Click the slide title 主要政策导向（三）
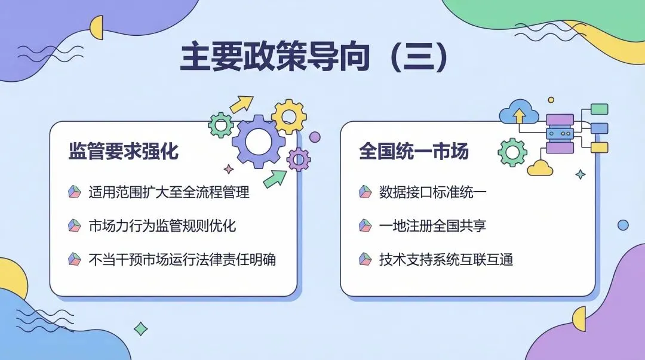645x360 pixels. pyautogui.click(x=314, y=57)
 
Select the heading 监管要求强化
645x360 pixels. pyautogui.click(x=123, y=151)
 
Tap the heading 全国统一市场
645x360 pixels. pyautogui.click(x=413, y=151)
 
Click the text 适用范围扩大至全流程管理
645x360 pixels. pyautogui.click(x=168, y=192)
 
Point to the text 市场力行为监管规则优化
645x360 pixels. pyautogui.click(x=162, y=226)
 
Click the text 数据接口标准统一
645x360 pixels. pyautogui.click(x=432, y=192)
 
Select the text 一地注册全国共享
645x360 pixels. pyautogui.click(x=432, y=226)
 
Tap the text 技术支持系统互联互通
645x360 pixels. pyautogui.click(x=446, y=260)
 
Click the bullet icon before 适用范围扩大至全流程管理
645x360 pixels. pyautogui.click(x=74, y=192)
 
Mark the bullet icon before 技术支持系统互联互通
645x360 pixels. pyautogui.click(x=365, y=260)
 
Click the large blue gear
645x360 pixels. pyautogui.click(x=259, y=141)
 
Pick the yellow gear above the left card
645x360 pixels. pyautogui.click(x=289, y=116)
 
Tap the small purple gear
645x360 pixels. pyautogui.click(x=298, y=159)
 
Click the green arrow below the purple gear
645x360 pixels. pyautogui.click(x=275, y=177)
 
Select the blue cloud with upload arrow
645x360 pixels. pyautogui.click(x=518, y=113)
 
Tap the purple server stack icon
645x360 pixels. pyautogui.click(x=560, y=134)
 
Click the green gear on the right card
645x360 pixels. pyautogui.click(x=512, y=152)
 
